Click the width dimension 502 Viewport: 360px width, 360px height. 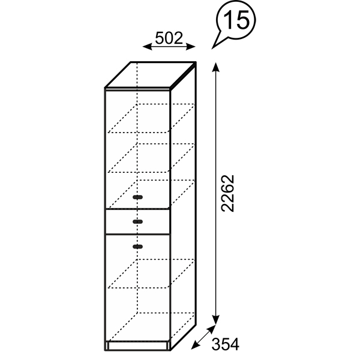169,38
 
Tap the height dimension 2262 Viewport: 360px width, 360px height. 227,193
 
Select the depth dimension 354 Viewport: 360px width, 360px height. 225,344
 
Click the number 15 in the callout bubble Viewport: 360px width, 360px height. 236,20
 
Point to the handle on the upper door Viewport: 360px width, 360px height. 137,197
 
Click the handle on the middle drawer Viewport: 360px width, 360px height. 137,221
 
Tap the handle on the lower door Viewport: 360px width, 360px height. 137,247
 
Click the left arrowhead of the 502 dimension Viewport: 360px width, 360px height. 147,46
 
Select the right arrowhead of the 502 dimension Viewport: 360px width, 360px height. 191,46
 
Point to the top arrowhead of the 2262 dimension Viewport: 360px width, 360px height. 215,67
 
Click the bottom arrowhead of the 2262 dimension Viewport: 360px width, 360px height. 215,320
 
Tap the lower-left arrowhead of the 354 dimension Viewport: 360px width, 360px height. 195,346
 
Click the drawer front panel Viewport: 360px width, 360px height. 137,221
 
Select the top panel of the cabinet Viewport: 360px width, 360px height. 151,74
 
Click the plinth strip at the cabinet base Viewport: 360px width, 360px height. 137,346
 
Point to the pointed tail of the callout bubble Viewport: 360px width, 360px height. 212,48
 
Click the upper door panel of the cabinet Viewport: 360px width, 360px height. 137,149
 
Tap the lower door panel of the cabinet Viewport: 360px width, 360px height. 137,287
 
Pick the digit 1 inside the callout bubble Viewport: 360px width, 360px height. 227,20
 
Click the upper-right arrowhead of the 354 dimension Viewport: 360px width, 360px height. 211,329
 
